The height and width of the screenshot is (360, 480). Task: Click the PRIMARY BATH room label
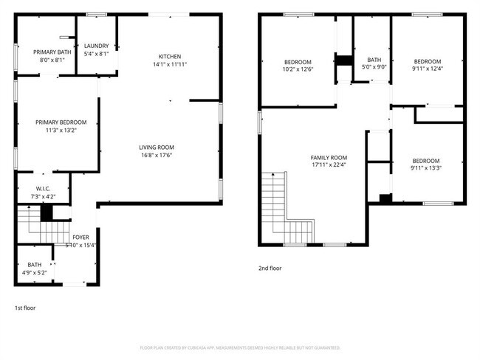(52, 52)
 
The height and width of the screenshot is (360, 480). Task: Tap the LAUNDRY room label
(96, 46)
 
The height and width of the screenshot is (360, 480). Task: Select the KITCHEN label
(170, 57)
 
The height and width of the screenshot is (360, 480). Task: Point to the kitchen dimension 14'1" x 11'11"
(170, 65)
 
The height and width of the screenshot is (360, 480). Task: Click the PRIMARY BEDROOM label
(61, 122)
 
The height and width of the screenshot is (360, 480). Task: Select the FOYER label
(81, 238)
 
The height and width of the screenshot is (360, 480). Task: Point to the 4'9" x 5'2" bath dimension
(35, 273)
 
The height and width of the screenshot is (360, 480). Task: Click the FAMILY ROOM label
(329, 158)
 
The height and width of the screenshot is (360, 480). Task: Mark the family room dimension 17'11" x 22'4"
(329, 166)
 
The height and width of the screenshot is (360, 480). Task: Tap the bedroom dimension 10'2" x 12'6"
(298, 69)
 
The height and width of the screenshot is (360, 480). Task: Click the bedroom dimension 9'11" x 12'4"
(427, 69)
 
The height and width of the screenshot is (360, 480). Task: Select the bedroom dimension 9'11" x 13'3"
(426, 169)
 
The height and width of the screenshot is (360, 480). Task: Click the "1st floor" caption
(26, 307)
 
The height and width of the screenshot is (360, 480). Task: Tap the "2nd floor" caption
(270, 269)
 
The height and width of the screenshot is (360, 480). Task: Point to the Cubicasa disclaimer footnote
(240, 347)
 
